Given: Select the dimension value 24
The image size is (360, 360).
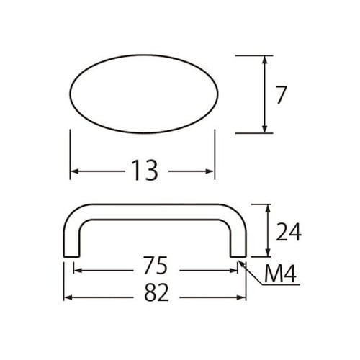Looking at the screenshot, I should click(x=287, y=231).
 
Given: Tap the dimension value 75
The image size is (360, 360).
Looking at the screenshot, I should click(x=156, y=267).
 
